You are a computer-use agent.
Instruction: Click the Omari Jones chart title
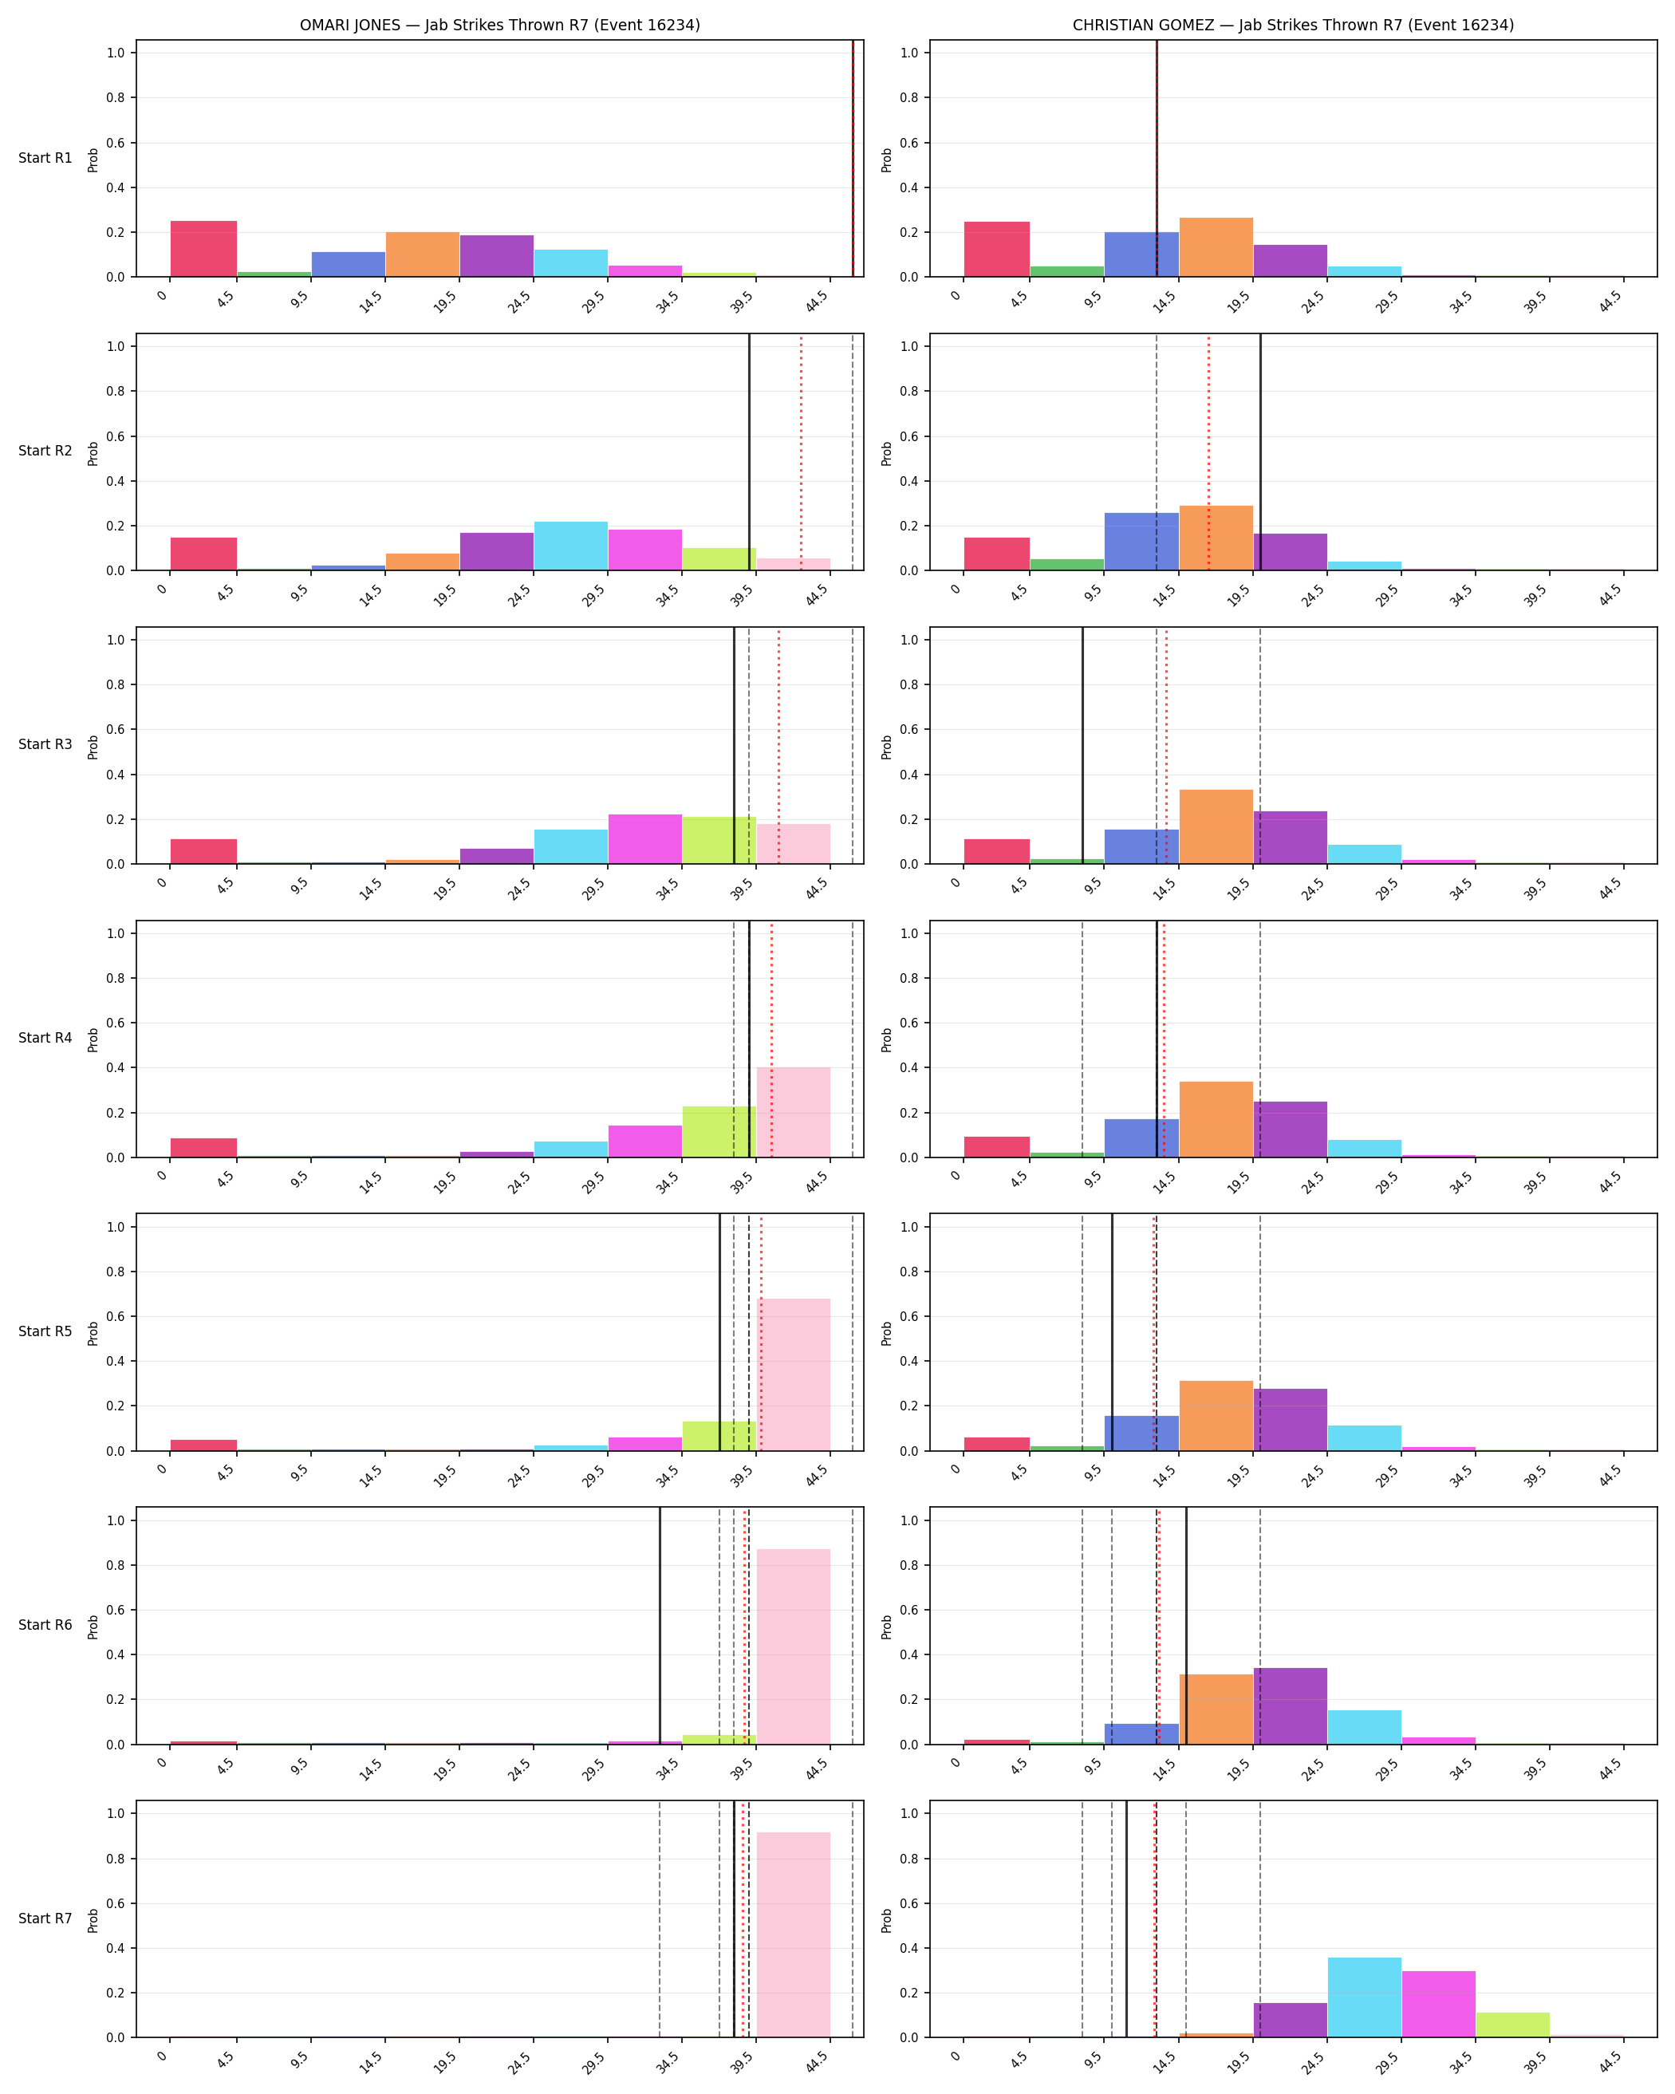coord(499,26)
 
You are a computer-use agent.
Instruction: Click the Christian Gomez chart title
coord(1292,26)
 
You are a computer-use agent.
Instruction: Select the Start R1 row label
coord(45,158)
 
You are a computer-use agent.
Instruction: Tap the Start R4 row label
coord(45,1039)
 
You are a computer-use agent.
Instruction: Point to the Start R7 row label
coord(45,1919)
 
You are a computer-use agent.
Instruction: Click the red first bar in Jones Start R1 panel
coord(204,249)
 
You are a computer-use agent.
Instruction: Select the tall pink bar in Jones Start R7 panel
coord(794,1934)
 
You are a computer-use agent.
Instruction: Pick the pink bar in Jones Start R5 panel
coord(794,1374)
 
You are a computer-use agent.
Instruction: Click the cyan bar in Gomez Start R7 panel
coord(1364,1997)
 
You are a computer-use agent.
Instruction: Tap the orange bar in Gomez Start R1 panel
coord(1216,246)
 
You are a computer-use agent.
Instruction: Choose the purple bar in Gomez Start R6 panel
coord(1290,1706)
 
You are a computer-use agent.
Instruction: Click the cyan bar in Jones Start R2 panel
coord(571,546)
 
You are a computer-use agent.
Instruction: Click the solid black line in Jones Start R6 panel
coord(660,1625)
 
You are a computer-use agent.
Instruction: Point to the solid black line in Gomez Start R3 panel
coord(1082,746)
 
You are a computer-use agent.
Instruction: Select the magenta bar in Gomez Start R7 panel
coord(1438,2004)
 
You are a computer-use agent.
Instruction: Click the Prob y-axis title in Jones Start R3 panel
coord(93,746)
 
